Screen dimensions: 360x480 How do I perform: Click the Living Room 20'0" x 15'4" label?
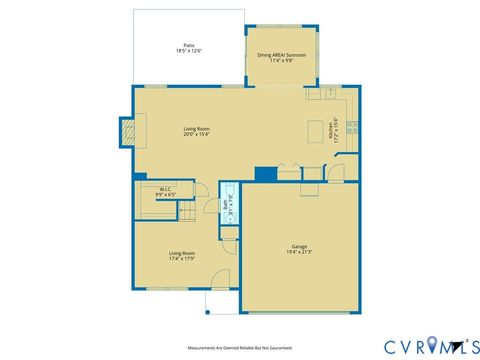(x=196, y=131)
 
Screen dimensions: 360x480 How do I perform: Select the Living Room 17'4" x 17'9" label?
(x=181, y=257)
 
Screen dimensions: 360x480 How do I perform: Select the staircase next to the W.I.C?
(x=185, y=212)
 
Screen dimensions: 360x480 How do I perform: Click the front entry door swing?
(x=221, y=278)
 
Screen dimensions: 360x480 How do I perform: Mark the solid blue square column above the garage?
(x=265, y=174)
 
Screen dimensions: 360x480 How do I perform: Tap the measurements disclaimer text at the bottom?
(x=239, y=348)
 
